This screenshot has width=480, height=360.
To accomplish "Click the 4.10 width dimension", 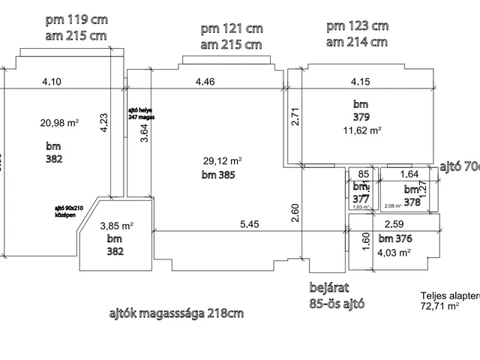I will point(51,81).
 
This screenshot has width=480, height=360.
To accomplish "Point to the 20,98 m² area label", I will point(59,123).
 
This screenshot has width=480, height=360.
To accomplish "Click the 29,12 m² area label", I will point(222,161).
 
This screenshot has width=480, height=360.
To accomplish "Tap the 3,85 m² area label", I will point(116,225).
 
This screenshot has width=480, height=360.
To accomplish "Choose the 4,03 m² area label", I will point(394,253).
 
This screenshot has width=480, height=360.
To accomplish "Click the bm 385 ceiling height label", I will point(218,176).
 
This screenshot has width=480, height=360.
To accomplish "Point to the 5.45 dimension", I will point(250,224).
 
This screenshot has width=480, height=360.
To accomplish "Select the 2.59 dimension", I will point(394,224).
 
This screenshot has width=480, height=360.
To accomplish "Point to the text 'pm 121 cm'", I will point(231,29).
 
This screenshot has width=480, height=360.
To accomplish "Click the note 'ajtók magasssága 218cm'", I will point(175,313).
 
